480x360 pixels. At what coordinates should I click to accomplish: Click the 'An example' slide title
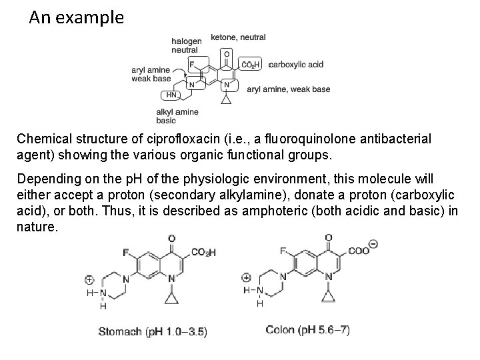point(76,17)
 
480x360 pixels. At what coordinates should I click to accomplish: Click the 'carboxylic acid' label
point(295,64)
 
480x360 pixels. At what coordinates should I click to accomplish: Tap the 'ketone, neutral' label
point(238,37)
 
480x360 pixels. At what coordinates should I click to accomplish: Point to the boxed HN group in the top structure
point(171,95)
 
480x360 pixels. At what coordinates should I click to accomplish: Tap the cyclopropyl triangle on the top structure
point(227,99)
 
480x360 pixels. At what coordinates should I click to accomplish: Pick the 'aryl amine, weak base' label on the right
point(288,89)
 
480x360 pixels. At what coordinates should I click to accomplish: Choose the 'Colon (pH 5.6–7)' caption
point(307,329)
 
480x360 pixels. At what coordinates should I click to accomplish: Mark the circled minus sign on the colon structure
point(373,244)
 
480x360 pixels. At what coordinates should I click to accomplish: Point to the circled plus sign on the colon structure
point(246,277)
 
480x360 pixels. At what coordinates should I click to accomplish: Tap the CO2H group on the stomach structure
point(203,252)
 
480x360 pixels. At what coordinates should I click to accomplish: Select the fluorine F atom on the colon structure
point(283,251)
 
